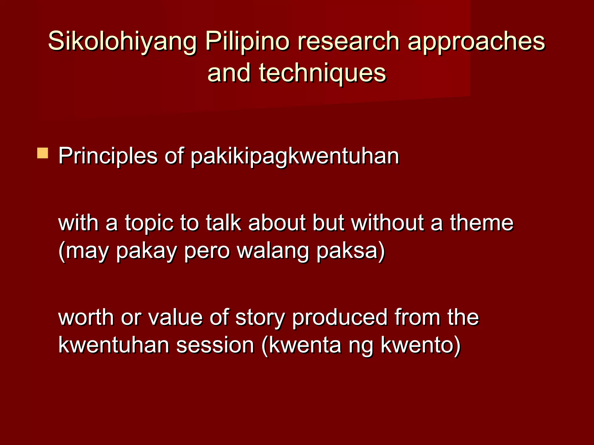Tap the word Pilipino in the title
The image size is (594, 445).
tap(247, 41)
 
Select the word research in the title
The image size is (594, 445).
tap(348, 41)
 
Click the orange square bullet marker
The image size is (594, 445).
tap(43, 153)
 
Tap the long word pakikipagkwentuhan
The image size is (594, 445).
tap(295, 156)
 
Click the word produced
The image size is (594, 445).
tap(339, 318)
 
